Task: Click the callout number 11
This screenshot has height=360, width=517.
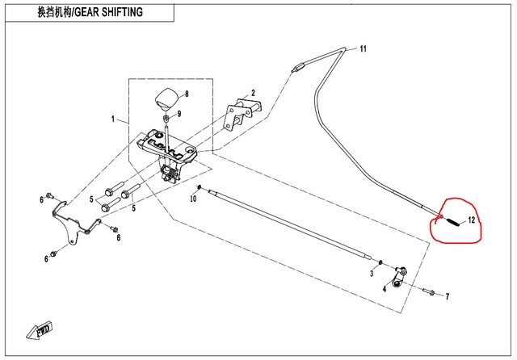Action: [x=364, y=49]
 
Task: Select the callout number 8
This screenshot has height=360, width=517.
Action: [x=186, y=94]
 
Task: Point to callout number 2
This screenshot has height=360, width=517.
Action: [x=252, y=93]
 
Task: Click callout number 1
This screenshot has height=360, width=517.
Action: [x=114, y=119]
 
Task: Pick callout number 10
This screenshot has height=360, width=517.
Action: [x=195, y=198]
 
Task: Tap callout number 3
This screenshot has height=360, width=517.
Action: [x=371, y=274]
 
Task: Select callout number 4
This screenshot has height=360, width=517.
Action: [x=384, y=288]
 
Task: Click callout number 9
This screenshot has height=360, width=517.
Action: [x=180, y=113]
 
